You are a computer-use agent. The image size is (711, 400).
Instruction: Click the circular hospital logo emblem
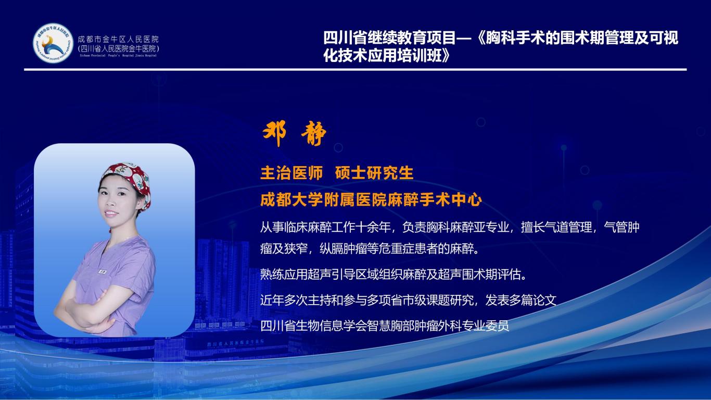pyautogui.click(x=53, y=43)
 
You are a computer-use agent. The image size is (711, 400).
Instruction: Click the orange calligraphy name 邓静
pyautogui.click(x=294, y=133)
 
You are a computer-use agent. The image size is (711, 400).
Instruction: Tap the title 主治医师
pyautogui.click(x=291, y=173)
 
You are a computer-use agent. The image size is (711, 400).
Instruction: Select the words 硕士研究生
pyautogui.click(x=374, y=173)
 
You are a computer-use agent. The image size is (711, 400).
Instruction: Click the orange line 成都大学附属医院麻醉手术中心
pyautogui.click(x=371, y=200)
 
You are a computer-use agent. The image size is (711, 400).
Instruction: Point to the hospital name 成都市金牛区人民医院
pyautogui.click(x=118, y=40)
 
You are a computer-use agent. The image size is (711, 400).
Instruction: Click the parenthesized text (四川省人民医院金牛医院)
pyautogui.click(x=118, y=48)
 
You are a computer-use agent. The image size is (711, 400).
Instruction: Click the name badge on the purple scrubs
pyautogui.click(x=102, y=272)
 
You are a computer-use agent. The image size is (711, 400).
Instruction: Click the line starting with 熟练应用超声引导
pyautogui.click(x=393, y=274)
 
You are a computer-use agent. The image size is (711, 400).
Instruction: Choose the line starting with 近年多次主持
pyautogui.click(x=408, y=300)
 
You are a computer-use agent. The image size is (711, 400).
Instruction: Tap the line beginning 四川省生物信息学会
pyautogui.click(x=385, y=326)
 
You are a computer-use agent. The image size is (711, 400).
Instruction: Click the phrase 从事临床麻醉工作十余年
pyautogui.click(x=325, y=227)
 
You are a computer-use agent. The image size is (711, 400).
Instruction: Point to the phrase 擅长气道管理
pyautogui.click(x=556, y=227)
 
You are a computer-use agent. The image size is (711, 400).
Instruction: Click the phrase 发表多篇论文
pyautogui.click(x=521, y=300)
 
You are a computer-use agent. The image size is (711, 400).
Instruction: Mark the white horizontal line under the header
pyautogui.click(x=355, y=69)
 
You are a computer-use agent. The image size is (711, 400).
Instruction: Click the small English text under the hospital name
pyautogui.click(x=118, y=56)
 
